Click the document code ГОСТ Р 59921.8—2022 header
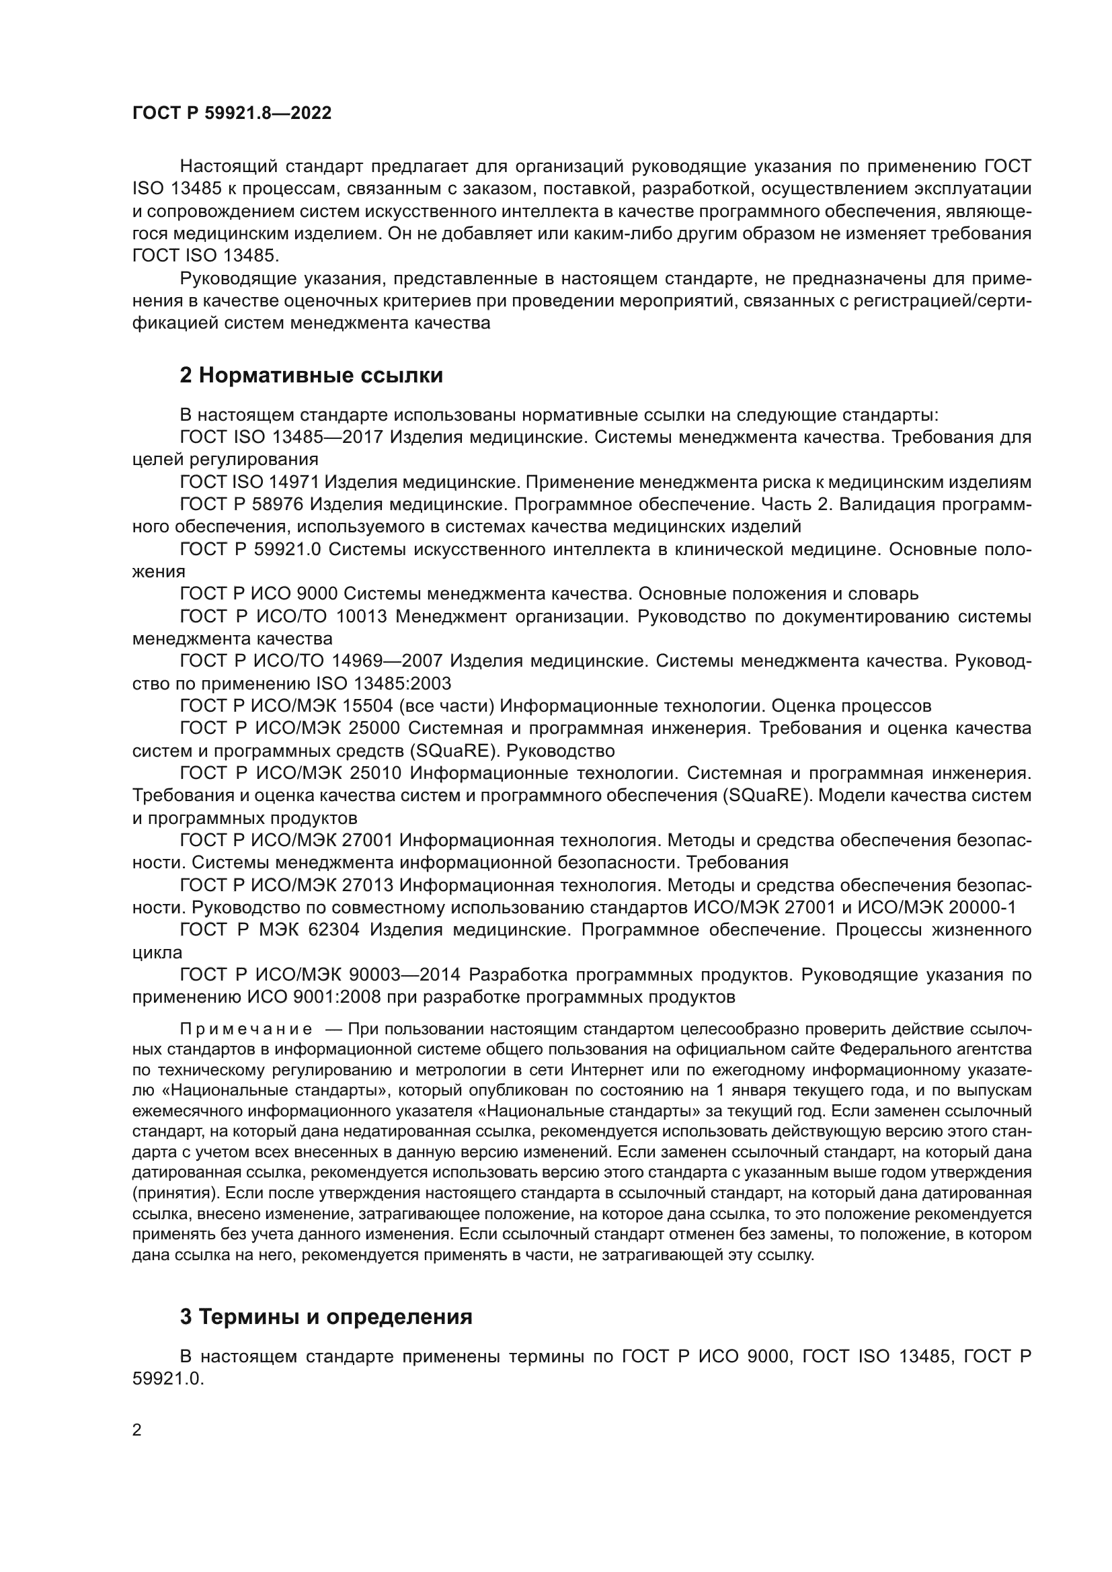pyautogui.click(x=231, y=114)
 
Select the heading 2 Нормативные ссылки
pyautogui.click(x=311, y=375)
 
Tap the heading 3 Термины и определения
pyautogui.click(x=326, y=1317)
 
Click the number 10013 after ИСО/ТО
pyautogui.click(x=362, y=616)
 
